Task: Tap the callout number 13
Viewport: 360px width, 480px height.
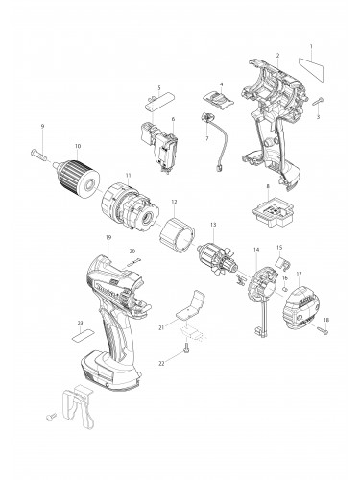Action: pos(212,228)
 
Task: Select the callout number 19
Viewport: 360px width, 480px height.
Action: pos(110,237)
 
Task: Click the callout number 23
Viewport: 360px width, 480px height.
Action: pos(80,324)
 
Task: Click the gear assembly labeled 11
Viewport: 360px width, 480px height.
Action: pos(132,202)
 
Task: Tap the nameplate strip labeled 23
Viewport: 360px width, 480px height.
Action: pos(83,337)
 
